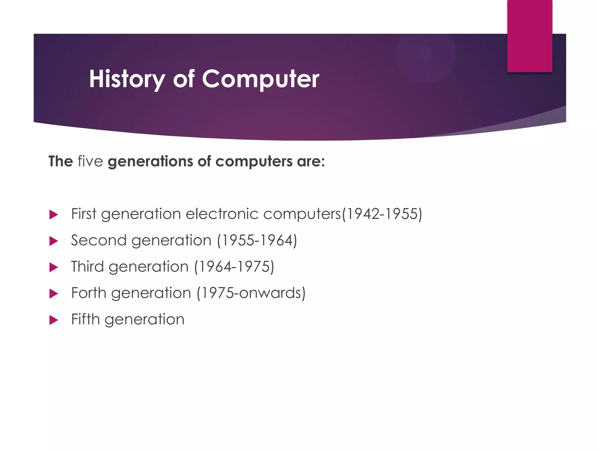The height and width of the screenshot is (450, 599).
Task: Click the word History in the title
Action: point(127,79)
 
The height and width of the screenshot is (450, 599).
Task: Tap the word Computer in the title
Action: point(261,79)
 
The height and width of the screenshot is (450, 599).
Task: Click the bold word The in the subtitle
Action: point(61,161)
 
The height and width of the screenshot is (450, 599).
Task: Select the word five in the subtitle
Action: point(90,161)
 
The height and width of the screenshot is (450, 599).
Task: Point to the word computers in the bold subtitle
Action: point(254,161)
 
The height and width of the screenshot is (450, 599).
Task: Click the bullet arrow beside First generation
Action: point(54,215)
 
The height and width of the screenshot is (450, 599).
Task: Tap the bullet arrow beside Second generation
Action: point(54,241)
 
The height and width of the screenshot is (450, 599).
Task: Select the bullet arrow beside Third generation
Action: point(54,267)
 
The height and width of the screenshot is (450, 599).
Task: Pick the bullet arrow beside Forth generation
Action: point(54,294)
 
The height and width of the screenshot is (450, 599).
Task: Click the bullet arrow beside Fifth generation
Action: point(54,320)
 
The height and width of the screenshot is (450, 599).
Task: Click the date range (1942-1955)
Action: point(382,214)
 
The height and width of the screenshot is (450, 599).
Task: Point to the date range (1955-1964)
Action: point(257,240)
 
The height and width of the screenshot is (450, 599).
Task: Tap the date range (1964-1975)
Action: point(234,267)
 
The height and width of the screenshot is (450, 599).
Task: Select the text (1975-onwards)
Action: point(251,293)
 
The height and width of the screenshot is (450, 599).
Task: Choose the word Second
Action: point(99,240)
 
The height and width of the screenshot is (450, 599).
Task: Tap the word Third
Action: point(87,267)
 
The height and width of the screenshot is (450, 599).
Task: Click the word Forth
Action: point(89,293)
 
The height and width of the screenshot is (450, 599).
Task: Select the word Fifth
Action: point(85,319)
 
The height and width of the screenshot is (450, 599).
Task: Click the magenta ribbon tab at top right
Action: point(530,36)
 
